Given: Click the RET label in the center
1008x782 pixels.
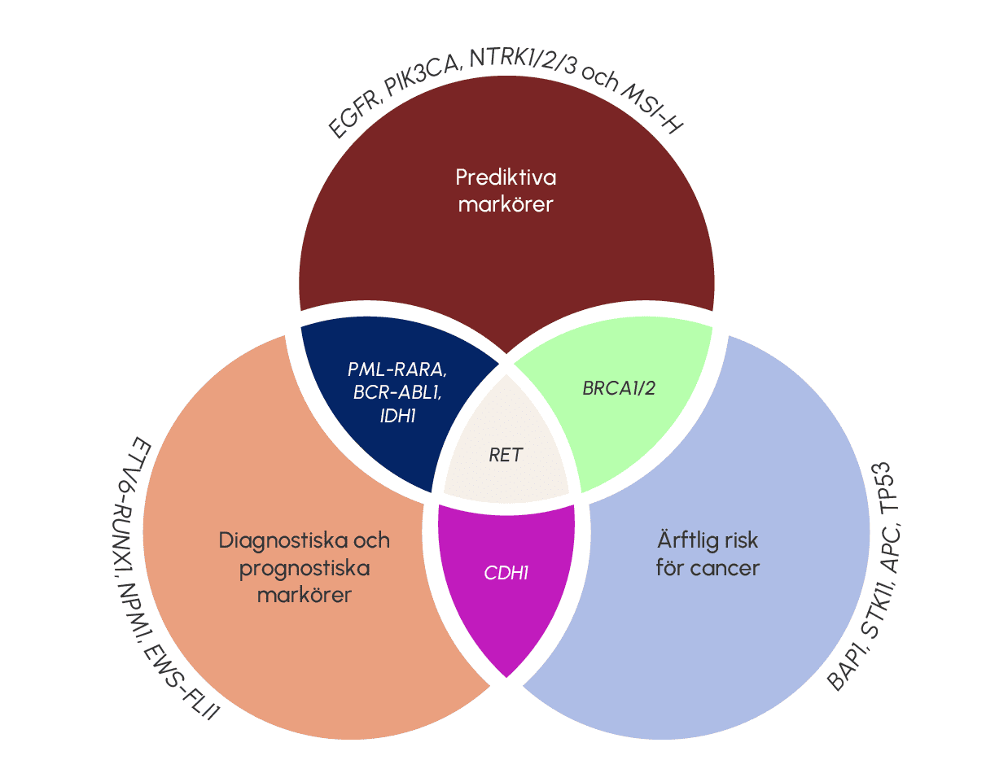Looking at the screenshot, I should (x=506, y=455).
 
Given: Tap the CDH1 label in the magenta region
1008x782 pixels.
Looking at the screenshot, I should (x=506, y=573).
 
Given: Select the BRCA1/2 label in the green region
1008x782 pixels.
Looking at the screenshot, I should (x=619, y=388).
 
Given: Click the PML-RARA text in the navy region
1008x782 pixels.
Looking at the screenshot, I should (x=397, y=369).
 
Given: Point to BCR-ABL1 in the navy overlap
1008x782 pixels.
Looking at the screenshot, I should (x=397, y=392).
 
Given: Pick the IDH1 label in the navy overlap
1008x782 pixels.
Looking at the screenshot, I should (x=397, y=416).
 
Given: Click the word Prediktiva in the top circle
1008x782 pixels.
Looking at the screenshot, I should (x=506, y=177).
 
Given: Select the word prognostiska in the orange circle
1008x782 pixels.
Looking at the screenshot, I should (x=305, y=567).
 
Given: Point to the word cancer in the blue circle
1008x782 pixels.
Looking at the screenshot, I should (x=729, y=567).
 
